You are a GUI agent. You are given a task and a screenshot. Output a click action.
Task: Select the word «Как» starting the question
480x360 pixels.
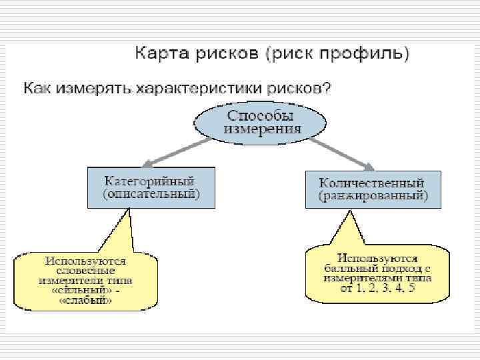[39, 88]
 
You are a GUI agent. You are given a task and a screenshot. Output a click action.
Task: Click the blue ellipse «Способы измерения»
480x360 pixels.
[259, 120]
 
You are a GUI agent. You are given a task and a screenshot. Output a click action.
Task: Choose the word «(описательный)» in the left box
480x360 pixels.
[151, 194]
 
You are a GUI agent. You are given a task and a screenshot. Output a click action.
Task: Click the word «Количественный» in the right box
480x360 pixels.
[371, 182]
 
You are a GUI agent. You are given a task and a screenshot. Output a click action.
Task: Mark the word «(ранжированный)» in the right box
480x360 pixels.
[371, 196]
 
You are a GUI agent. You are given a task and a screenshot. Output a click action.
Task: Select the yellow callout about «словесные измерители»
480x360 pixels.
[85, 280]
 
